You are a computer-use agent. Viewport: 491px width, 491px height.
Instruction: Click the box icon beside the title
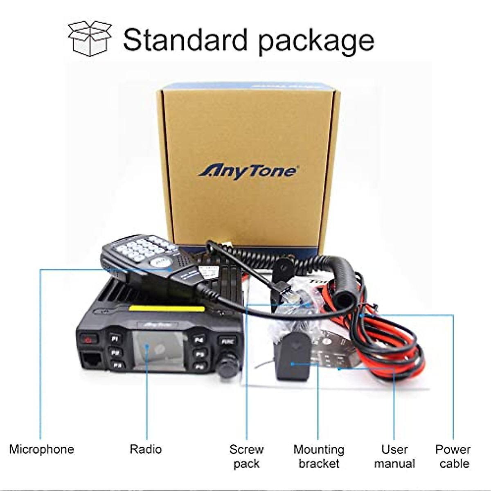click(x=90, y=38)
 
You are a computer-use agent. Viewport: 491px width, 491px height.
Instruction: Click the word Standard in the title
click(x=185, y=40)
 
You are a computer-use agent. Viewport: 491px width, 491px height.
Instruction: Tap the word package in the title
click(x=316, y=41)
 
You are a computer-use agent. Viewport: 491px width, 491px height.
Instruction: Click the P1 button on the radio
click(x=115, y=338)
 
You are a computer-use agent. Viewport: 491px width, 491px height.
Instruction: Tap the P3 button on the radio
click(x=118, y=365)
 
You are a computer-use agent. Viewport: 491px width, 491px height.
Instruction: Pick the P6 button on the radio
click(x=200, y=367)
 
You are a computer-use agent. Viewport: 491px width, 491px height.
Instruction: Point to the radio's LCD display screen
click(x=157, y=351)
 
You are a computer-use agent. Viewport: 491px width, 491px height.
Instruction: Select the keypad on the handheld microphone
click(x=141, y=249)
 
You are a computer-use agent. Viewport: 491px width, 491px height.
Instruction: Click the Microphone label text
click(x=41, y=449)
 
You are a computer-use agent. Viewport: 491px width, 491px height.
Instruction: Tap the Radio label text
click(x=146, y=449)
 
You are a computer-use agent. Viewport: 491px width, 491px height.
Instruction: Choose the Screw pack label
click(x=246, y=456)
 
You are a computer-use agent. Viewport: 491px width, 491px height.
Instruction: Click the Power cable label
click(x=453, y=456)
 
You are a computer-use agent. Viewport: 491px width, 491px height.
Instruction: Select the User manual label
click(x=394, y=456)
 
